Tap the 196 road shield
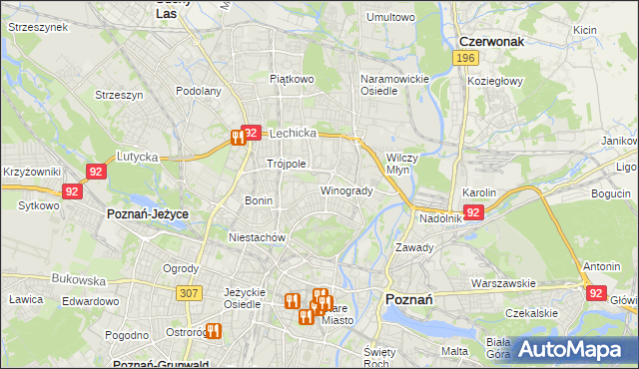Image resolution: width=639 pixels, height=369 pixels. pos(463,59)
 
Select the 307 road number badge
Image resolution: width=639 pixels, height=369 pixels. pos(187,293)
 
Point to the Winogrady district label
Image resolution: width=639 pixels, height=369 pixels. pos(346,190)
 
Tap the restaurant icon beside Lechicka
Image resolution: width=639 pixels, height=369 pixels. pos(238,138)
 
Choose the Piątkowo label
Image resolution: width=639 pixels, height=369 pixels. pos(292,78)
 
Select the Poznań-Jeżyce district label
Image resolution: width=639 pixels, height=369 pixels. pos(148,214)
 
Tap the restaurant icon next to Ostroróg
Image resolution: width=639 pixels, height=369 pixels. pos(213,331)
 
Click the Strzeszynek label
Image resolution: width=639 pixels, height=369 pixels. pos(38,27)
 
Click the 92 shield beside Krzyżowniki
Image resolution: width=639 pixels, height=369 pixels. pos(96,172)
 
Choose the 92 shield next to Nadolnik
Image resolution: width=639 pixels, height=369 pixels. pos(474,212)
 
